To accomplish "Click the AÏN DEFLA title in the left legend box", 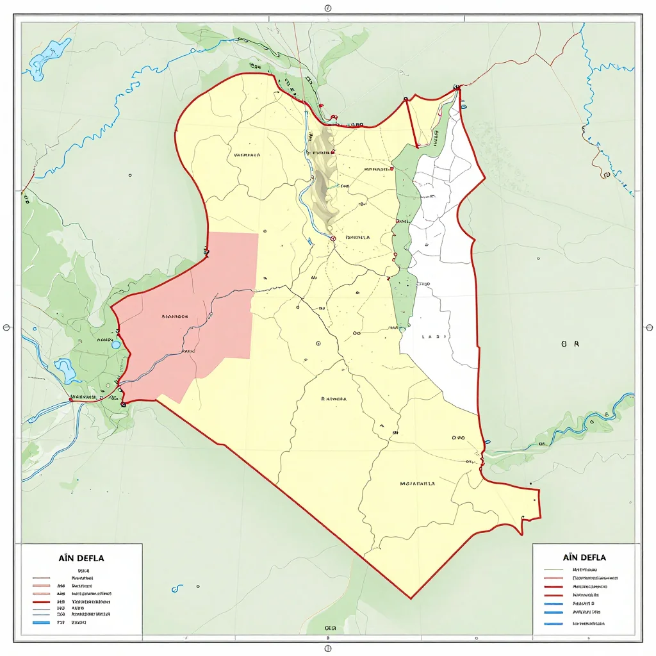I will pos(81,558).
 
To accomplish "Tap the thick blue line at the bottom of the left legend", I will pos(41,622).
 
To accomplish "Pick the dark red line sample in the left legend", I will pos(41,602).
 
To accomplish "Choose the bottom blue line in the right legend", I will pos(553,623).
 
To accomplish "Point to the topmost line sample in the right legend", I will pos(553,569).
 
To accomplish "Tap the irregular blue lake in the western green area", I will pos(66,369).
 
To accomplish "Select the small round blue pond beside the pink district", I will pos(116,345).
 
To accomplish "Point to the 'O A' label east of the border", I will pos(570,344).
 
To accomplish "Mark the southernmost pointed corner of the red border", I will pos(411,598).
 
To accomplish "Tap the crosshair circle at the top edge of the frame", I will pos(328,9).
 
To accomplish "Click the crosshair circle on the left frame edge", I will pos(7,327).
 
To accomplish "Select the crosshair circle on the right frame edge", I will pos(648,327).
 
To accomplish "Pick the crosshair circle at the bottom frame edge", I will pos(328,648).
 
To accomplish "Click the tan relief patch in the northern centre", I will pos(325,186).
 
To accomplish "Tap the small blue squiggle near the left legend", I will pos(175,588).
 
